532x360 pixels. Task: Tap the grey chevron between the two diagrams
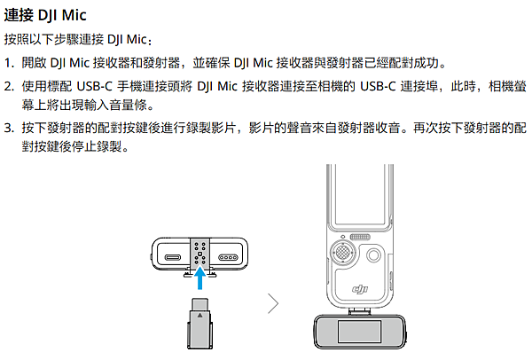(x=272, y=303)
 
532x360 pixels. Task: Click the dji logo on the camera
(x=360, y=286)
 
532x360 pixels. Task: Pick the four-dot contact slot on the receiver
(x=231, y=259)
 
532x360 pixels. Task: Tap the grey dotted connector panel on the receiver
(x=201, y=255)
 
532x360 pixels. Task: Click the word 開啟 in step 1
(x=34, y=64)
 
